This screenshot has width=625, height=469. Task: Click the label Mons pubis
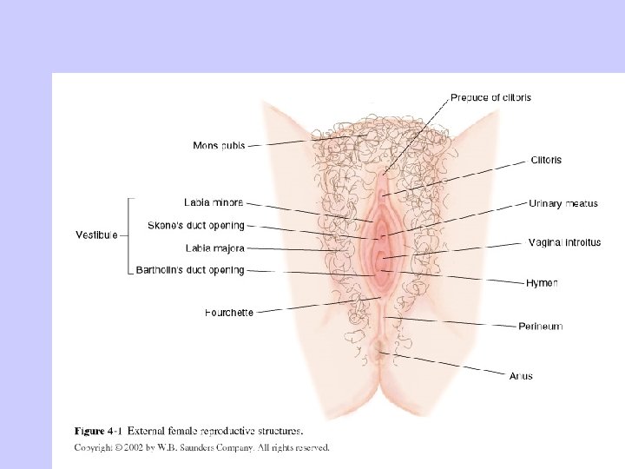click(218, 146)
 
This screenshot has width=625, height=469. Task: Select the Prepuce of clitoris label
click(490, 98)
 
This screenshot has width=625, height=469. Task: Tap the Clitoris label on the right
click(545, 160)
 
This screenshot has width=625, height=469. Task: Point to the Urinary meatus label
click(563, 204)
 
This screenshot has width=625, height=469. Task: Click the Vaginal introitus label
click(564, 243)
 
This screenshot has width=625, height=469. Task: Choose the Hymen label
click(542, 283)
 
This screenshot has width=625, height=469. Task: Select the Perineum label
click(540, 327)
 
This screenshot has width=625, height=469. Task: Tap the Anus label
click(521, 376)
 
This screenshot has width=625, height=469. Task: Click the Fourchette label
click(229, 313)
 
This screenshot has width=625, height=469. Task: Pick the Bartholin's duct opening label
click(190, 271)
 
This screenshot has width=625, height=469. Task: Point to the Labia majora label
click(214, 248)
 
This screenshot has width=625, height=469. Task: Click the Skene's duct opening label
click(196, 226)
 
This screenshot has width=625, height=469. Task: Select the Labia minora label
click(214, 203)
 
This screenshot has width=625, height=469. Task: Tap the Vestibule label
click(96, 235)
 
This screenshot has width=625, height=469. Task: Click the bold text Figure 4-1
click(98, 430)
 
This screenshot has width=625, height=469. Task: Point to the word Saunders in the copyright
click(198, 448)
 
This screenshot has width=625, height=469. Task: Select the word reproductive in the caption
click(220, 430)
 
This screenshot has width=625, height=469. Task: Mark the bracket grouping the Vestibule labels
click(129, 235)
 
